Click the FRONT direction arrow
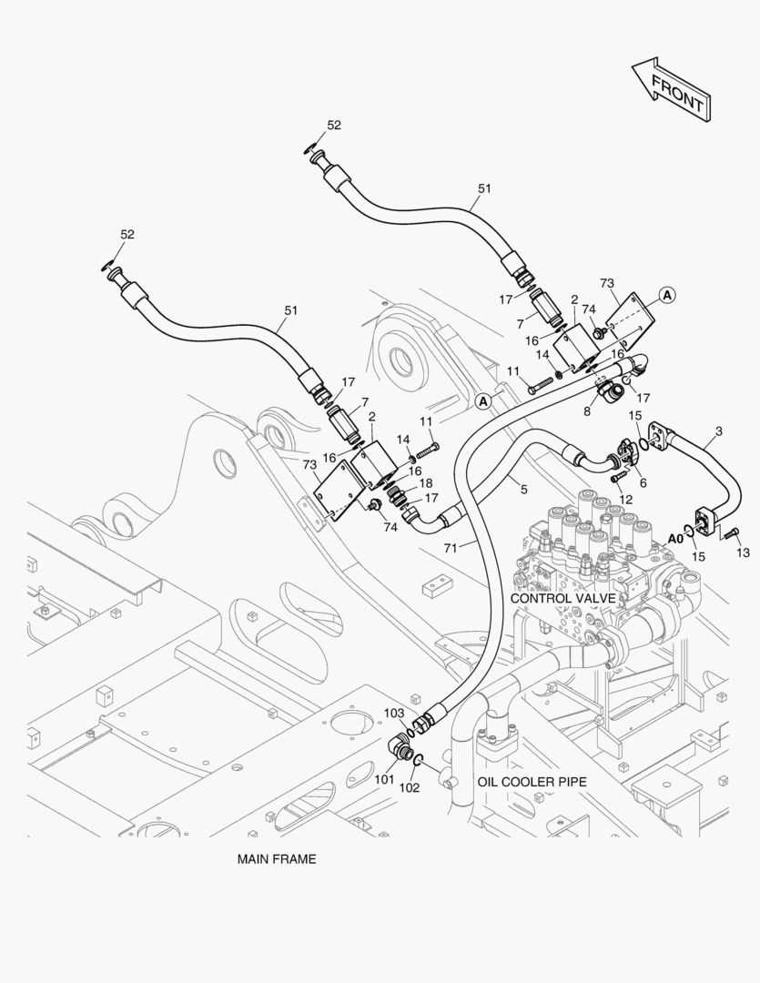(672, 89)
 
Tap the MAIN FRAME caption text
(277, 858)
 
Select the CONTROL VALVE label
(562, 598)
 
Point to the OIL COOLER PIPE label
(532, 782)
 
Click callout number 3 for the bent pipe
(718, 431)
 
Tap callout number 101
(384, 779)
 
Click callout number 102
(410, 787)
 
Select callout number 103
(393, 713)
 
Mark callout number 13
(743, 552)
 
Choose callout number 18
(425, 482)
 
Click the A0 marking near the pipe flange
(674, 538)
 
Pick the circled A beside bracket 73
(667, 294)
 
